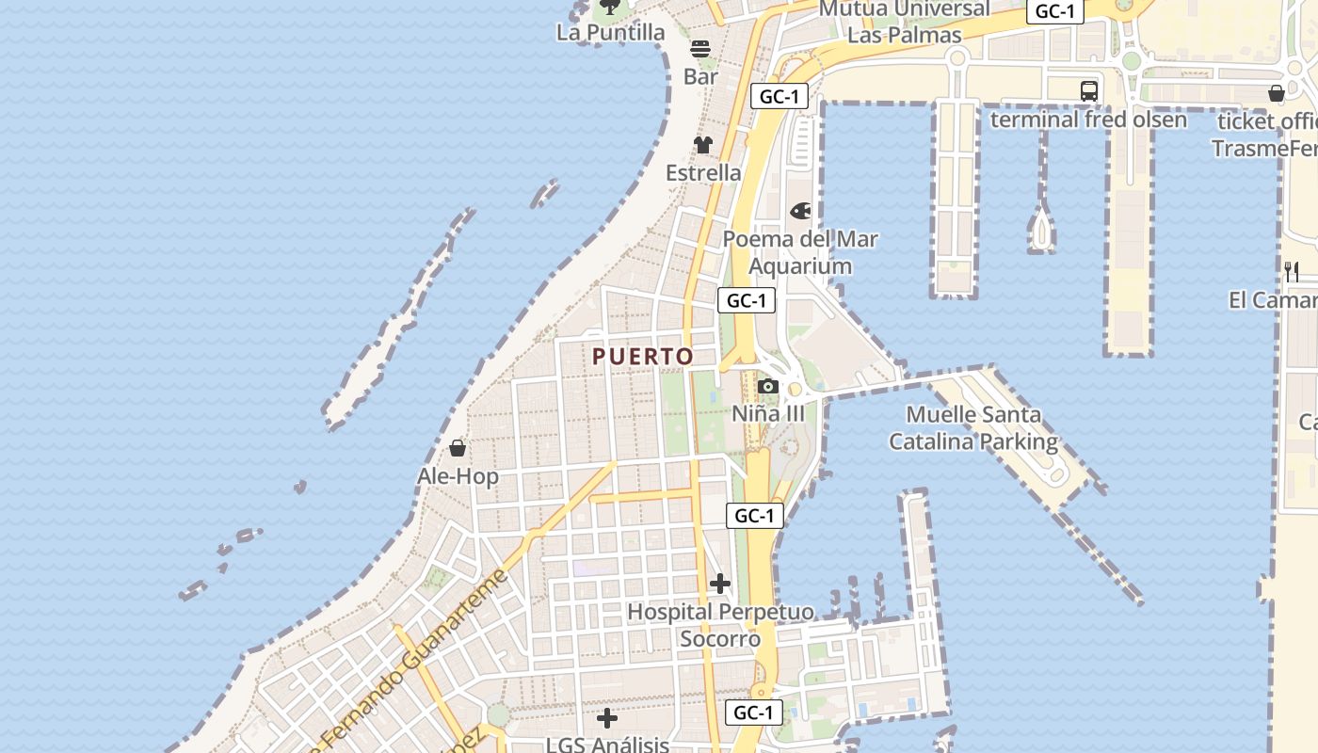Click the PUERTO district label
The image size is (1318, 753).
643,357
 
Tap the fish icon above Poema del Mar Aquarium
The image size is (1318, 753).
800,211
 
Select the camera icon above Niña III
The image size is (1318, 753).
768,386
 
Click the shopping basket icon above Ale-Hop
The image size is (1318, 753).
458,448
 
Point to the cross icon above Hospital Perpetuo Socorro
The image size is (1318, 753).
720,584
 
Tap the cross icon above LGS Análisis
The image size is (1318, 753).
607,718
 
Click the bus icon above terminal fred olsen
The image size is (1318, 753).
1089,91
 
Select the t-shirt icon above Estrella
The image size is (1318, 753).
703,145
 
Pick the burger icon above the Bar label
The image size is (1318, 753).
700,48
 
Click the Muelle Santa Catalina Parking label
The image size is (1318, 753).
973,428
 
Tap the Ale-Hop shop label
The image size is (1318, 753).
458,476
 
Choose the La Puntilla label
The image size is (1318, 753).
611,33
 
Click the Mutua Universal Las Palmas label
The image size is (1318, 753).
905,22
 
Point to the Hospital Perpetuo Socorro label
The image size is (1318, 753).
720,625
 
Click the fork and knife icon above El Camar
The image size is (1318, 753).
1292,272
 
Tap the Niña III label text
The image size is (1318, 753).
769,414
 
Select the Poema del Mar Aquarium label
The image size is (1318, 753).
800,252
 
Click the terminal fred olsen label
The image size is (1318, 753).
1088,120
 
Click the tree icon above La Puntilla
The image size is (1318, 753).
610,7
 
